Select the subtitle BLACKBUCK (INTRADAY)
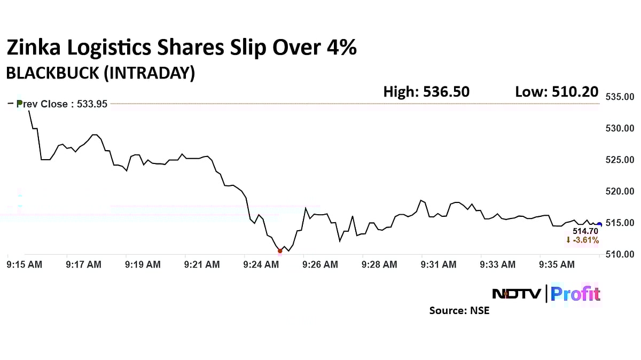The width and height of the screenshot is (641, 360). click(x=100, y=73)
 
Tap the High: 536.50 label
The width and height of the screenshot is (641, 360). click(x=426, y=92)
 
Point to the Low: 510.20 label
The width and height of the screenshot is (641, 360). click(x=556, y=92)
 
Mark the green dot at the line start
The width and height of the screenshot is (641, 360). click(x=20, y=103)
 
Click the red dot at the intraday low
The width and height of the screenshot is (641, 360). click(x=280, y=251)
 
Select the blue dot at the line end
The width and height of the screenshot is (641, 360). click(x=599, y=225)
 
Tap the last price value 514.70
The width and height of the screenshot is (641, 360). click(x=585, y=231)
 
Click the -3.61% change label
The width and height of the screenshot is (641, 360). click(x=582, y=240)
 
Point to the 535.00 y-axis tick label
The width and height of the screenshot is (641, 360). click(x=620, y=97)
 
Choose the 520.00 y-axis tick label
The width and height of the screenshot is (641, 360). click(x=620, y=191)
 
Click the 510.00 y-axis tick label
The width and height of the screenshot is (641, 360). click(x=620, y=254)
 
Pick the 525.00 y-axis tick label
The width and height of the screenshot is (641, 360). click(x=620, y=160)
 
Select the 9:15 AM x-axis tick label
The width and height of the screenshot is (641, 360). click(x=24, y=264)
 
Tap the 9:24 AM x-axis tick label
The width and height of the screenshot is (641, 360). click(x=261, y=264)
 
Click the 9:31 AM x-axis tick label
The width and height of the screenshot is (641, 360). click(x=439, y=264)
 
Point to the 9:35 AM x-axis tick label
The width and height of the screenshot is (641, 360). click(x=557, y=264)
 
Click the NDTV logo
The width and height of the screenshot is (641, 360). click(x=516, y=294)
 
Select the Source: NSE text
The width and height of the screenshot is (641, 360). click(x=459, y=310)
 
